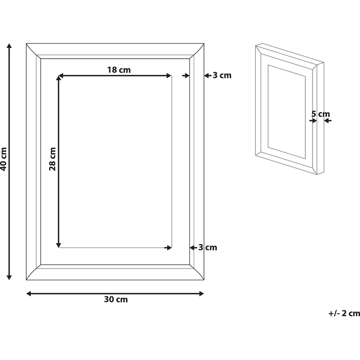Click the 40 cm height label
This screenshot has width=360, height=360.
coord(4,159)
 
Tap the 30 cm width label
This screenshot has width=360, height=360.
coord(116,299)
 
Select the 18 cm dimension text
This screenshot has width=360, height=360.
coord(119,70)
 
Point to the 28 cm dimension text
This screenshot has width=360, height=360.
coord(52,159)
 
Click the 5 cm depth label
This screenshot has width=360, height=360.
coord(320,113)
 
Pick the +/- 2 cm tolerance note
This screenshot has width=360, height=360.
coord(344,313)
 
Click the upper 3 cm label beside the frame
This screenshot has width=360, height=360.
coord(222,75)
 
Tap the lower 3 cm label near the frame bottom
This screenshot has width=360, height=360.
coord(208,247)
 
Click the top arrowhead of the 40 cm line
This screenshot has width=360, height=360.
coord(9,45)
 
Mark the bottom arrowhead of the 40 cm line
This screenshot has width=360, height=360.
coord(9,277)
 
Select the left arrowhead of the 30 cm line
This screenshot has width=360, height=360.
coord(29,293)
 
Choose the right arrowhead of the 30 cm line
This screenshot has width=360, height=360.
coord(202,293)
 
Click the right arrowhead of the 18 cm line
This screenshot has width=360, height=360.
coord(169,75)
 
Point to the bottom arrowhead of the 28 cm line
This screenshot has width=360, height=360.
coord(59,245)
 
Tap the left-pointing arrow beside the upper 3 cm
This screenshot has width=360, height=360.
coord(207,75)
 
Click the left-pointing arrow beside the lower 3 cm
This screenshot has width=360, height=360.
coord(193,247)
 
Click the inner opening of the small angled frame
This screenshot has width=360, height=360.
coord(287,112)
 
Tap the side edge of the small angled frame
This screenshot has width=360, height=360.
coord(320,118)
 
